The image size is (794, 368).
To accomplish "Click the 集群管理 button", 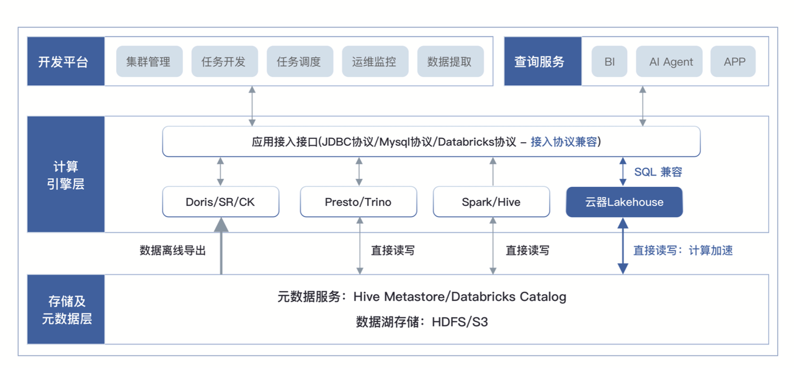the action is [x=149, y=61].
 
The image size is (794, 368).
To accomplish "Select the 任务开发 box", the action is [x=225, y=61].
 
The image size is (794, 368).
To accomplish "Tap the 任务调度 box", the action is [x=300, y=61].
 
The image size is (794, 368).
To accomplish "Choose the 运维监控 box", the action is [x=375, y=61].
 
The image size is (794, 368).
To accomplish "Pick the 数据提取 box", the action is [x=450, y=61].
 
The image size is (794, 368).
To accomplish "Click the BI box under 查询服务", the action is [x=609, y=61].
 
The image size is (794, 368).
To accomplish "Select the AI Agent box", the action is [x=669, y=61].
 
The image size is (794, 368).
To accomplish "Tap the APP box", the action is [x=733, y=61].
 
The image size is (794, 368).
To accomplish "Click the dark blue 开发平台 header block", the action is [x=66, y=61].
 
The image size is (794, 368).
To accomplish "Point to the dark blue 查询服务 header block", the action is [x=543, y=61].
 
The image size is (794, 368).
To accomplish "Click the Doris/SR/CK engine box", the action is [x=220, y=202].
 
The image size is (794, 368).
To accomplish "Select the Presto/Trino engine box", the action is [x=359, y=202].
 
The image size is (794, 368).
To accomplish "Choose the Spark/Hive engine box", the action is [x=491, y=202].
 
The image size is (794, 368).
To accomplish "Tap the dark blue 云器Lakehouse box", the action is [x=624, y=202].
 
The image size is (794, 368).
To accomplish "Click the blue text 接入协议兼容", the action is [x=564, y=142].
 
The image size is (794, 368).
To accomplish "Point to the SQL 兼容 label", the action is [x=658, y=172].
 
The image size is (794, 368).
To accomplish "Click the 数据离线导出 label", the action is [x=172, y=250].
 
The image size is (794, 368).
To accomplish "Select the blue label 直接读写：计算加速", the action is [x=683, y=250].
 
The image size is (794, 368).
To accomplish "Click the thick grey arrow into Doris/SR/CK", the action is [x=221, y=246].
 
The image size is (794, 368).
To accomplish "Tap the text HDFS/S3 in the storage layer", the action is [x=460, y=322].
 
